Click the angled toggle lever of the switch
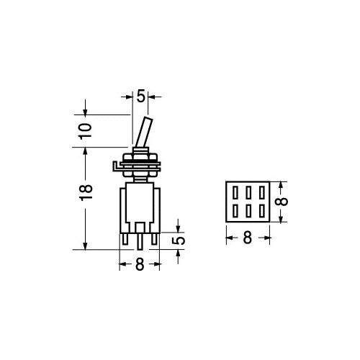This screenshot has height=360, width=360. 144,132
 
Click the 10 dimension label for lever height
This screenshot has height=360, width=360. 86,131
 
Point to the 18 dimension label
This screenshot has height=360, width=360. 86,192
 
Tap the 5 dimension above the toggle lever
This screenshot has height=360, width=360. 141,96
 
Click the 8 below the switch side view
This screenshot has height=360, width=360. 140,264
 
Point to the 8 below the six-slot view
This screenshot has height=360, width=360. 247,238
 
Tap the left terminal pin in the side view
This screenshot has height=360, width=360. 125,239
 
